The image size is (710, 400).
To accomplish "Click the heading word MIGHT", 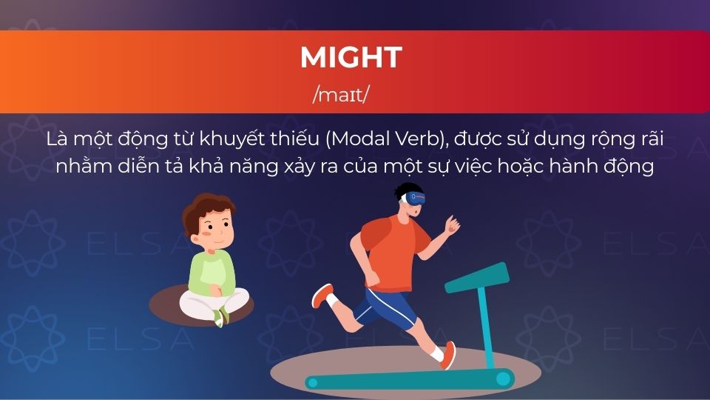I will pyautogui.click(x=351, y=57).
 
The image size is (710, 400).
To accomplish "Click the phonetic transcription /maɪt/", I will pyautogui.click(x=341, y=95).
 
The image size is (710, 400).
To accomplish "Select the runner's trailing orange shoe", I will pyautogui.click(x=322, y=296).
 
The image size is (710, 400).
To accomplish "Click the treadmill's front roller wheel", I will pyautogui.click(x=504, y=379).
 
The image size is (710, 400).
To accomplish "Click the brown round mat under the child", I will pyautogui.click(x=166, y=304).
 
